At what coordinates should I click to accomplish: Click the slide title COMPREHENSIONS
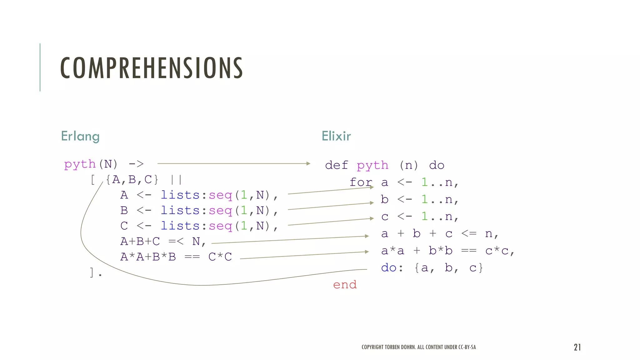click(152, 68)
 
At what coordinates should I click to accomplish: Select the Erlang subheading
click(80, 136)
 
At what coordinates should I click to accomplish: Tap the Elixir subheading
click(336, 136)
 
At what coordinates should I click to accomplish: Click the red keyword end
click(345, 285)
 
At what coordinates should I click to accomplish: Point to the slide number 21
click(577, 347)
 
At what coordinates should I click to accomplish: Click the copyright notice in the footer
click(419, 347)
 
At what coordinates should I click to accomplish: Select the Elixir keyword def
click(337, 165)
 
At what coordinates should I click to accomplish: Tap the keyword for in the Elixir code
click(361, 182)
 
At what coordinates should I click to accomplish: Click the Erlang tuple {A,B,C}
click(132, 180)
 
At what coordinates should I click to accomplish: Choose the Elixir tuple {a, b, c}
click(448, 268)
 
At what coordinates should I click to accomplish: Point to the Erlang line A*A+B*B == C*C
click(176, 257)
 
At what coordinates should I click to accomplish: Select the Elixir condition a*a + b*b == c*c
click(447, 251)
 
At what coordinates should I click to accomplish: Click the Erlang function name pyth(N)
click(91, 164)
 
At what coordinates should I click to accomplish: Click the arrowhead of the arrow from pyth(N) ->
click(308, 163)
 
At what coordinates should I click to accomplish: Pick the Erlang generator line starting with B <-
click(199, 211)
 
